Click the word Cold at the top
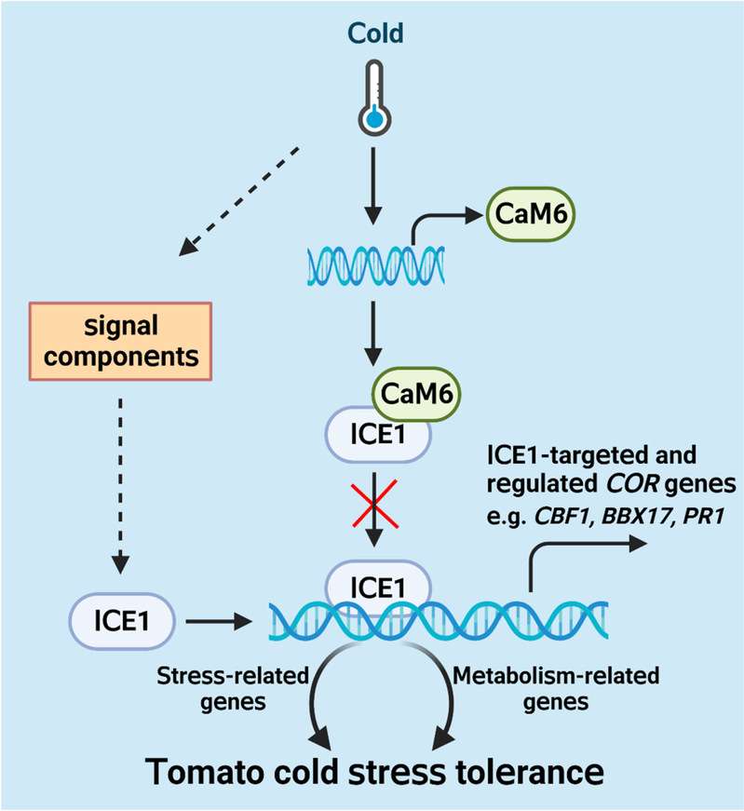(x=375, y=34)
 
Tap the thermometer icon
(x=374, y=98)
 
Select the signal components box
(x=120, y=342)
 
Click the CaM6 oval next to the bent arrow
(x=531, y=214)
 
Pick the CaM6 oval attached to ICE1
(x=416, y=394)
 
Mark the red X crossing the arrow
(x=375, y=504)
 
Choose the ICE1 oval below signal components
(x=122, y=621)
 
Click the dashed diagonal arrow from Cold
(x=238, y=202)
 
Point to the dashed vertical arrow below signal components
(x=120, y=486)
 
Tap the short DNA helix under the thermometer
(x=376, y=266)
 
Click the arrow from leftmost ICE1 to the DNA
(x=219, y=621)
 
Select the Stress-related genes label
(x=233, y=689)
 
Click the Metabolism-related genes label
(x=556, y=689)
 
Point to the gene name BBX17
(x=636, y=516)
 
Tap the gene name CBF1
(x=561, y=516)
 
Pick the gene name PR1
(x=704, y=516)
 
